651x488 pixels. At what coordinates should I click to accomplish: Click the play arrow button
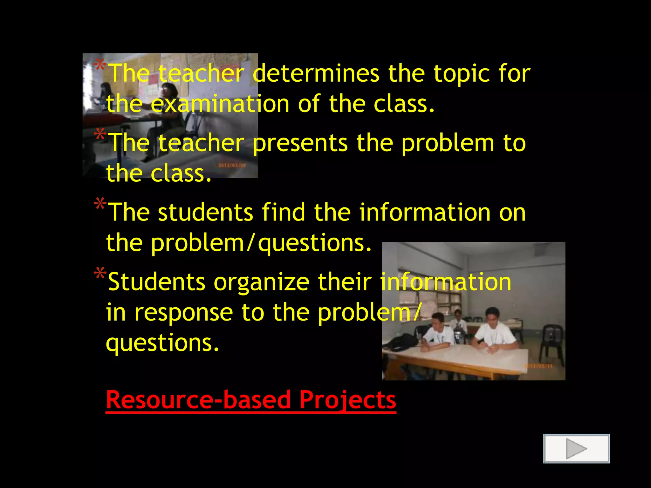pyautogui.click(x=576, y=448)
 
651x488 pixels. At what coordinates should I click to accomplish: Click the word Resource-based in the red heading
pyautogui.click(x=198, y=400)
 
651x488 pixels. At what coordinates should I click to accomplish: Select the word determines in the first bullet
pyautogui.click(x=316, y=74)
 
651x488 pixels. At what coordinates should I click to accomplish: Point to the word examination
pyautogui.click(x=220, y=104)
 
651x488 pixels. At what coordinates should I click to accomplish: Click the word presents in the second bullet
pyautogui.click(x=300, y=143)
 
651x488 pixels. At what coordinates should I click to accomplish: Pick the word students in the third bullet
pyautogui.click(x=205, y=212)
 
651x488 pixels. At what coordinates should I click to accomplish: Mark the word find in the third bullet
pyautogui.click(x=283, y=212)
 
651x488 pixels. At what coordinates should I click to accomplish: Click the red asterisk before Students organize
pyautogui.click(x=100, y=274)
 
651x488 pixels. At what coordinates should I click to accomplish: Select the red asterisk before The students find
pyautogui.click(x=100, y=204)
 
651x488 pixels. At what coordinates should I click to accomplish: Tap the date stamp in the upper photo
pyautogui.click(x=232, y=166)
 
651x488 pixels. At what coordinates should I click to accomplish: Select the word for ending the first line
pyautogui.click(x=514, y=74)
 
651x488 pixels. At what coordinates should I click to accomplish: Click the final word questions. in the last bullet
pyautogui.click(x=162, y=343)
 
